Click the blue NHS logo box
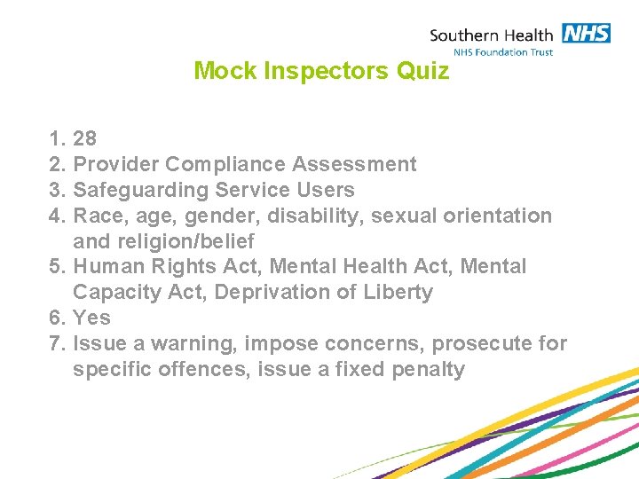(x=585, y=34)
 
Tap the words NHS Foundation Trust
(x=502, y=52)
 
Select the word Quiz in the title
(x=423, y=71)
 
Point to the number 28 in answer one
(x=85, y=138)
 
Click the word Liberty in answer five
(x=398, y=293)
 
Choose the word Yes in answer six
(x=92, y=318)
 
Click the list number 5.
(x=58, y=267)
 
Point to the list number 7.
(x=58, y=343)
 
